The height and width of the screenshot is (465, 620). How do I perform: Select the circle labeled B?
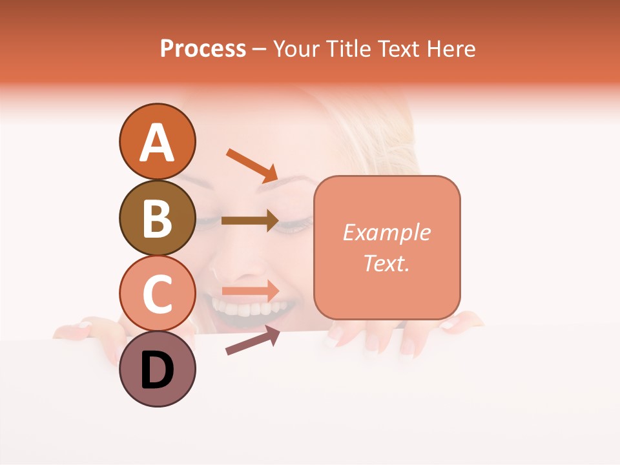click(x=157, y=218)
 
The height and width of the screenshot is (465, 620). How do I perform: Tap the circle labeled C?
click(x=157, y=293)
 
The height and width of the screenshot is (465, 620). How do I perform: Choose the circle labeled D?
click(x=157, y=369)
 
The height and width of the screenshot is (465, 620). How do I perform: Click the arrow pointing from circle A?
click(x=252, y=165)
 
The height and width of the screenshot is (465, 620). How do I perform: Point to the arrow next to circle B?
click(x=250, y=221)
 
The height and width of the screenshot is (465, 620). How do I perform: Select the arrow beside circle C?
click(x=251, y=291)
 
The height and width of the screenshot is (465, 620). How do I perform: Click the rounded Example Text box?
click(x=387, y=247)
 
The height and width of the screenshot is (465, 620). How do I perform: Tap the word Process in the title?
click(x=203, y=48)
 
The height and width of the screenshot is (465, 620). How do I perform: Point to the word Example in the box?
click(x=386, y=232)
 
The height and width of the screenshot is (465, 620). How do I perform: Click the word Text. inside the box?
click(x=386, y=263)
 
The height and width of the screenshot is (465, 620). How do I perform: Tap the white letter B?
click(x=157, y=218)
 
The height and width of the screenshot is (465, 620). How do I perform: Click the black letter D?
click(x=157, y=370)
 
